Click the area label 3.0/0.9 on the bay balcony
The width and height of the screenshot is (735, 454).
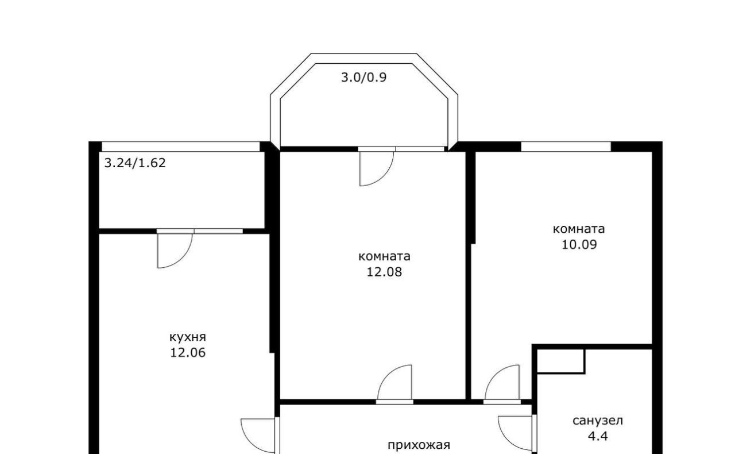point(363,78)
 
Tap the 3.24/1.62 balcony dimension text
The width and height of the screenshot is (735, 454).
point(135,163)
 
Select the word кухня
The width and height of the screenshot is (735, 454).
point(188,337)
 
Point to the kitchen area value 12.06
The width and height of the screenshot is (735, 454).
point(188,352)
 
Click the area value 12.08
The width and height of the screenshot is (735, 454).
point(384,272)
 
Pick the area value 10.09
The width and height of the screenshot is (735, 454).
point(579,244)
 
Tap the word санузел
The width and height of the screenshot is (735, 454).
point(598,421)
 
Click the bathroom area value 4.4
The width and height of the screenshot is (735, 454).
point(598,436)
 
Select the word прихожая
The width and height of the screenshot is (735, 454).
point(419,445)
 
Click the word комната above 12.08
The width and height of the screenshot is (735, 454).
point(384,256)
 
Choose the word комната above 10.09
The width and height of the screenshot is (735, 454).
point(578,229)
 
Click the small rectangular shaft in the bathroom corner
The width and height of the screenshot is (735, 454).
point(561,361)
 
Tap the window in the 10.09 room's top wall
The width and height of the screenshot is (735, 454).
point(566,147)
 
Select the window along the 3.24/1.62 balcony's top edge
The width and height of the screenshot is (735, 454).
point(180,147)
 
